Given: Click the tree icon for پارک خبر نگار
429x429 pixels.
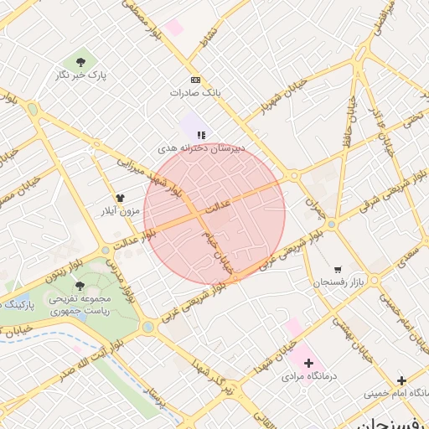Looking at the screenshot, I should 80,62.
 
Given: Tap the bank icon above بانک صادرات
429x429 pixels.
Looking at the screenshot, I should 195,80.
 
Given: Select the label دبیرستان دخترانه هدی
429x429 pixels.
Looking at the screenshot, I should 202,147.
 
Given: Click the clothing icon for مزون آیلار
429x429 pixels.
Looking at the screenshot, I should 119,198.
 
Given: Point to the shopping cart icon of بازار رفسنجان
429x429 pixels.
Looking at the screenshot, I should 337,270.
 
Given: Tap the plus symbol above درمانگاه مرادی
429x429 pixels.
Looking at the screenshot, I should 309,363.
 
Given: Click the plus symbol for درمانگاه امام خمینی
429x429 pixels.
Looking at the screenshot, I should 401,380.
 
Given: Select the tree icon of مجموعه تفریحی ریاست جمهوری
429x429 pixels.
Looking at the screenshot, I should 80,286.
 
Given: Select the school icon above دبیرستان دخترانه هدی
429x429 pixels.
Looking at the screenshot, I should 201,133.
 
